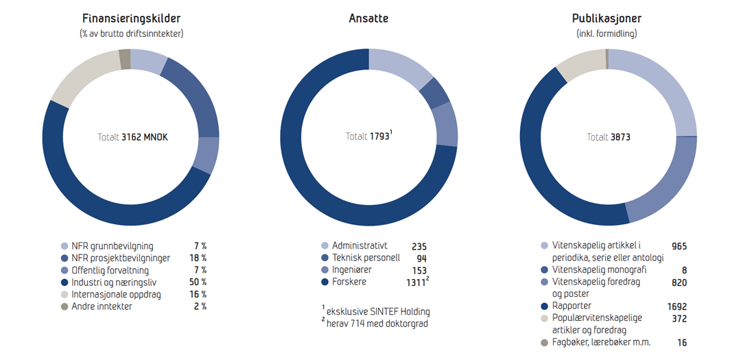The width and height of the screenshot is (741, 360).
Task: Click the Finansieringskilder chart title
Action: click(x=131, y=19)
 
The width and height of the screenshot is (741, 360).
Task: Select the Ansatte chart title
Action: click(x=368, y=19)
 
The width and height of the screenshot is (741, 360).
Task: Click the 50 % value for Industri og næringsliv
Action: click(x=198, y=282)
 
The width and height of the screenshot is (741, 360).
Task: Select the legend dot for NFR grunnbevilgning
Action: click(x=64, y=246)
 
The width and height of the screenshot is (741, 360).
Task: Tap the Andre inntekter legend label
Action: click(x=102, y=307)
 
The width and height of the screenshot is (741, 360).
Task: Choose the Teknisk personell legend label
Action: click(x=366, y=258)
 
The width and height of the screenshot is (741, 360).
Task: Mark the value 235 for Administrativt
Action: click(x=419, y=246)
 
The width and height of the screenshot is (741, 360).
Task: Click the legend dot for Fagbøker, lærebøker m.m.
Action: click(x=545, y=342)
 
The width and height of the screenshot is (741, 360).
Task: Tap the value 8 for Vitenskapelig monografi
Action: click(x=683, y=270)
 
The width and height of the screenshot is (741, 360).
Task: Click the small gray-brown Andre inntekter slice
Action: click(x=124, y=60)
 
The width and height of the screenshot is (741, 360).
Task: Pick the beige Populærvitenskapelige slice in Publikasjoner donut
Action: click(x=580, y=64)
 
